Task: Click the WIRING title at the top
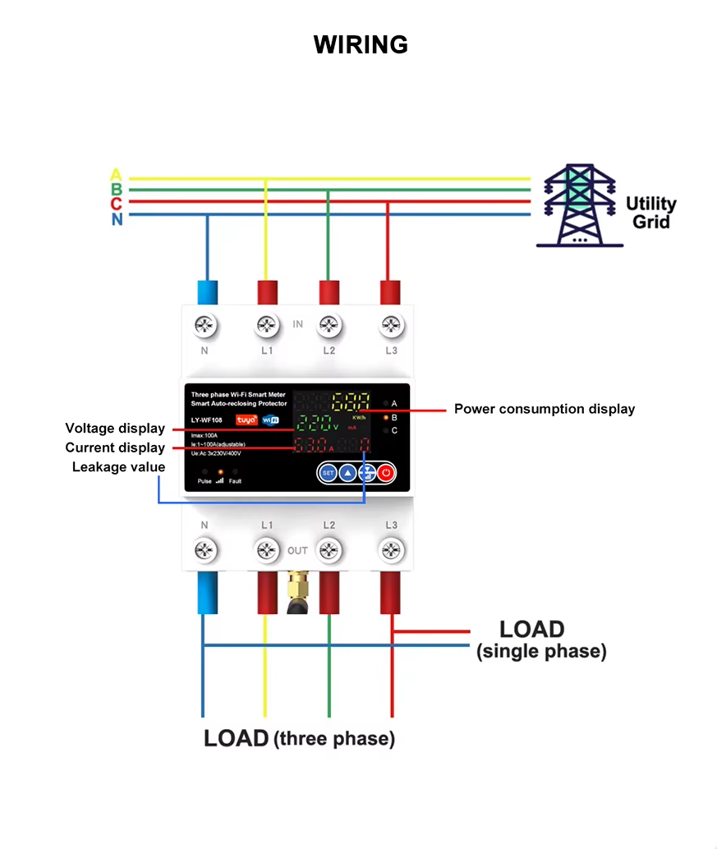[x=361, y=44]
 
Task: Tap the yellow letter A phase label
[x=116, y=175]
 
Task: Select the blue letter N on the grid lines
[x=117, y=219]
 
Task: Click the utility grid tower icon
[x=580, y=206]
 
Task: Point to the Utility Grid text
[x=650, y=213]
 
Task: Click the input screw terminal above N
[x=205, y=326]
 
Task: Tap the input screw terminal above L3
[x=391, y=326]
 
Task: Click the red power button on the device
[x=386, y=473]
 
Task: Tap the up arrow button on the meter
[x=347, y=473]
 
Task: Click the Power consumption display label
[x=544, y=409]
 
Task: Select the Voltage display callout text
[x=115, y=429]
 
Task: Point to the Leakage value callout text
[x=118, y=467]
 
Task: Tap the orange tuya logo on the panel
[x=246, y=420]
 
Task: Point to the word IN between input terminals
[x=297, y=324]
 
